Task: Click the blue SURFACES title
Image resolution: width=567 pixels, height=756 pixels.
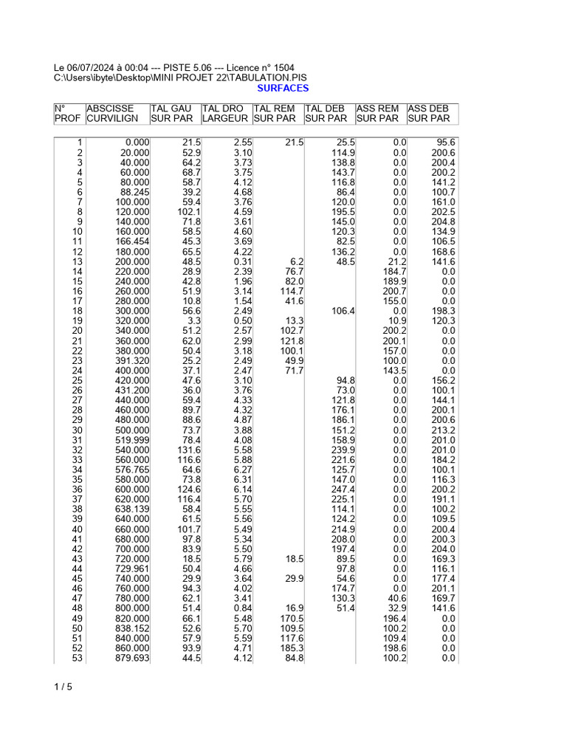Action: pyautogui.click(x=283, y=88)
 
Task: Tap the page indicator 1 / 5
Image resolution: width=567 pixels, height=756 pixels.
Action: pyautogui.click(x=63, y=687)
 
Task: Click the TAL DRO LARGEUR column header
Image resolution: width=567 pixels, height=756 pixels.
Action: pyautogui.click(x=224, y=114)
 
